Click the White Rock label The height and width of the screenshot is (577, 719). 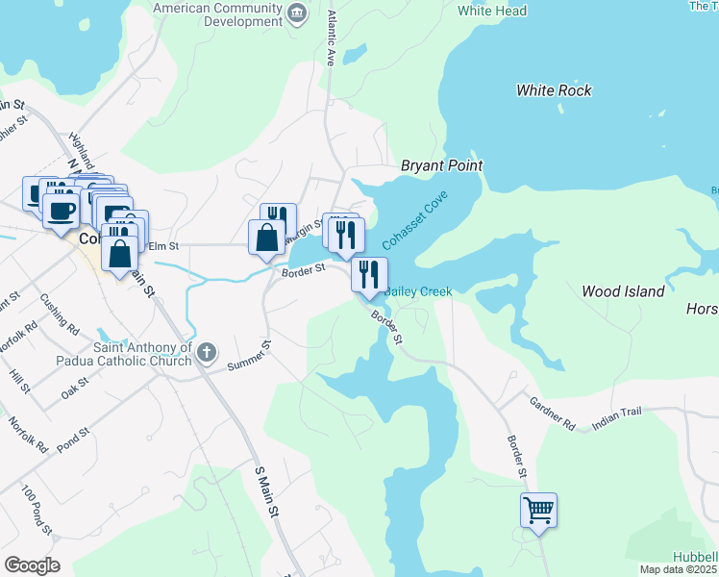554,90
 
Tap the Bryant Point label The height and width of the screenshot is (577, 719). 441,166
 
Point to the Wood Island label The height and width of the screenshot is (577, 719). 623,290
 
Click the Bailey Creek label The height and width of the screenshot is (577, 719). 418,291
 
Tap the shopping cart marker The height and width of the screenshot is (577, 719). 538,510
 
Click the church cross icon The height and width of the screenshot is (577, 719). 205,354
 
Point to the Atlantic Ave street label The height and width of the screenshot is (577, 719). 331,38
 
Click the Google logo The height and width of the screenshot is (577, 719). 33,565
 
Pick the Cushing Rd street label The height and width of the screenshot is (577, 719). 60,314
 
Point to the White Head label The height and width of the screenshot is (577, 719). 492,12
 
